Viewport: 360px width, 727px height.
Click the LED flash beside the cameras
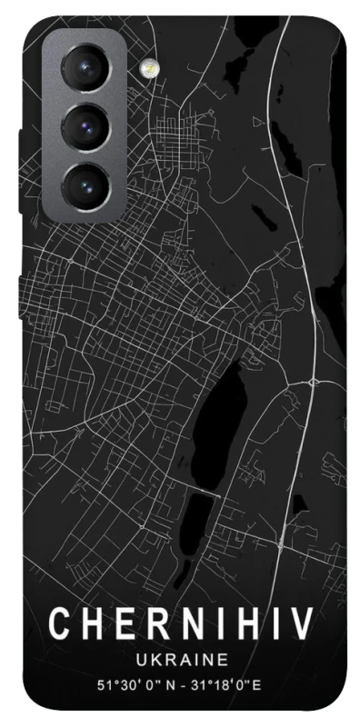tap(145, 66)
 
